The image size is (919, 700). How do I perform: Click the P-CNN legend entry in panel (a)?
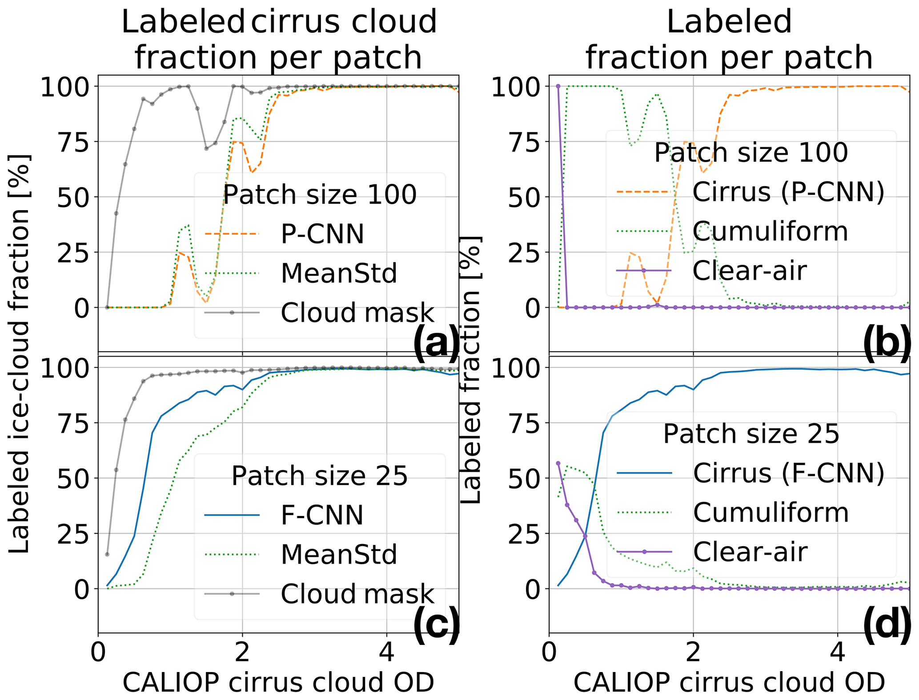tap(322, 234)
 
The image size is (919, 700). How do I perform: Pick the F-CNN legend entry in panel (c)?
tap(322, 515)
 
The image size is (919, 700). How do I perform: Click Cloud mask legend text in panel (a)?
tap(357, 312)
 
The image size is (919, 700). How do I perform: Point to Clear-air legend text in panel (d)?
tap(750, 552)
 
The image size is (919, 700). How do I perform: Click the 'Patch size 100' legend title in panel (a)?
tap(320, 194)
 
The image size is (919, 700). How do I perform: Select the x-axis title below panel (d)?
tap(729, 683)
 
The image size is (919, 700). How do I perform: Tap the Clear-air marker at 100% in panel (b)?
tap(558, 86)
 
